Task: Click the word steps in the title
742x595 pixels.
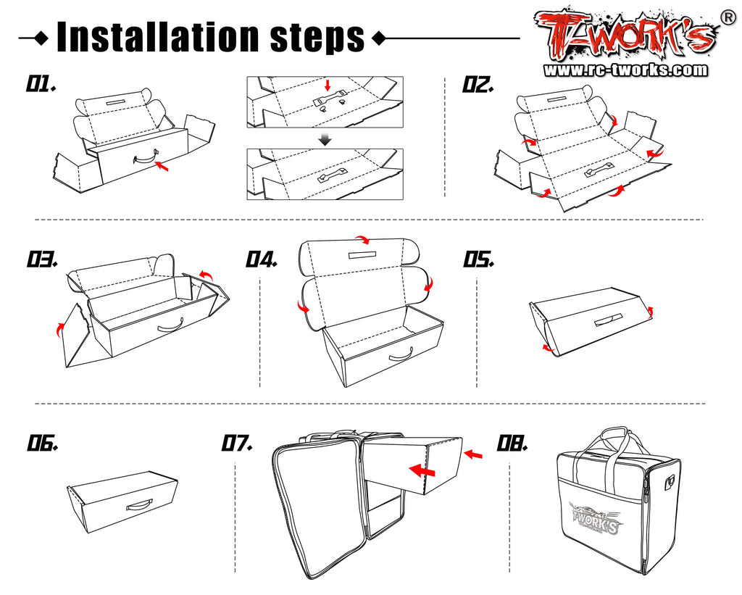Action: [x=317, y=38]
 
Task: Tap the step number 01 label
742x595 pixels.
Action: [x=41, y=84]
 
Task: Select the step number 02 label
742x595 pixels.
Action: [x=478, y=85]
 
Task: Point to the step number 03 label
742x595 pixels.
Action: [x=42, y=259]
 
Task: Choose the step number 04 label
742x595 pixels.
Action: [x=261, y=259]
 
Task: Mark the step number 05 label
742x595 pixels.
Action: [x=478, y=259]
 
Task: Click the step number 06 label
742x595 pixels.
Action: [x=43, y=443]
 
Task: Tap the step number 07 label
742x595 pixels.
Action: [x=237, y=443]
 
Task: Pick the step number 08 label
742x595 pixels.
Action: [x=512, y=443]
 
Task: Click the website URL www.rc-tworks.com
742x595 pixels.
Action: [x=625, y=70]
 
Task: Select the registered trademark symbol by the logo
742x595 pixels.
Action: [x=728, y=17]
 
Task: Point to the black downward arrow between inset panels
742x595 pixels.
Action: [x=325, y=139]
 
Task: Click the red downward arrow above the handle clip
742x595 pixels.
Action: [x=328, y=86]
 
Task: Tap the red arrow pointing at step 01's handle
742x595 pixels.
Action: [x=162, y=166]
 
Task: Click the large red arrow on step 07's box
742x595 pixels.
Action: [x=422, y=470]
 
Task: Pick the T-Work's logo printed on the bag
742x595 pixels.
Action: [x=596, y=518]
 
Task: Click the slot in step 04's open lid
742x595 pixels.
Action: [x=362, y=255]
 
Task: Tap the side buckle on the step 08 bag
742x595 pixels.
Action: [x=669, y=483]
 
